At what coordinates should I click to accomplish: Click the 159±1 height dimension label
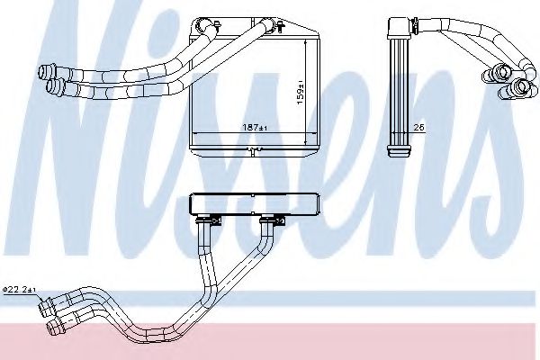pos(301,93)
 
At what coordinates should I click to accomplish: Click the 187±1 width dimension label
pos(255,128)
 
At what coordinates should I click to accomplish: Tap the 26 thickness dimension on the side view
pos(418,128)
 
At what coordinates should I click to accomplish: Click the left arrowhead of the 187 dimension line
pos(193,132)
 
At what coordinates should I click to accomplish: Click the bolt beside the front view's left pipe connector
pos(217,25)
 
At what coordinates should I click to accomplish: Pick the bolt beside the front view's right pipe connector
pos(281,26)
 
